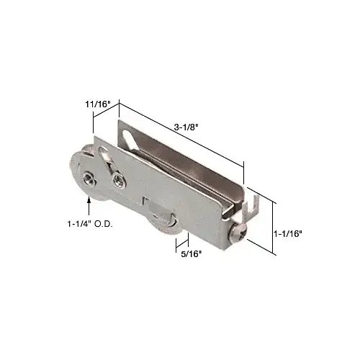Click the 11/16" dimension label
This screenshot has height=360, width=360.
tap(97, 104)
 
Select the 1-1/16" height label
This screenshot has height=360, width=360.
tap(287, 233)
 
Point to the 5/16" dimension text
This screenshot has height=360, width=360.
tap(191, 254)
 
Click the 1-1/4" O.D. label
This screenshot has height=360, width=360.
tap(90, 224)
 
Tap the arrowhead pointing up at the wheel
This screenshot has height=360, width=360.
tap(89, 199)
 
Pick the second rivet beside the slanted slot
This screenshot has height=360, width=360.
tap(118, 178)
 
